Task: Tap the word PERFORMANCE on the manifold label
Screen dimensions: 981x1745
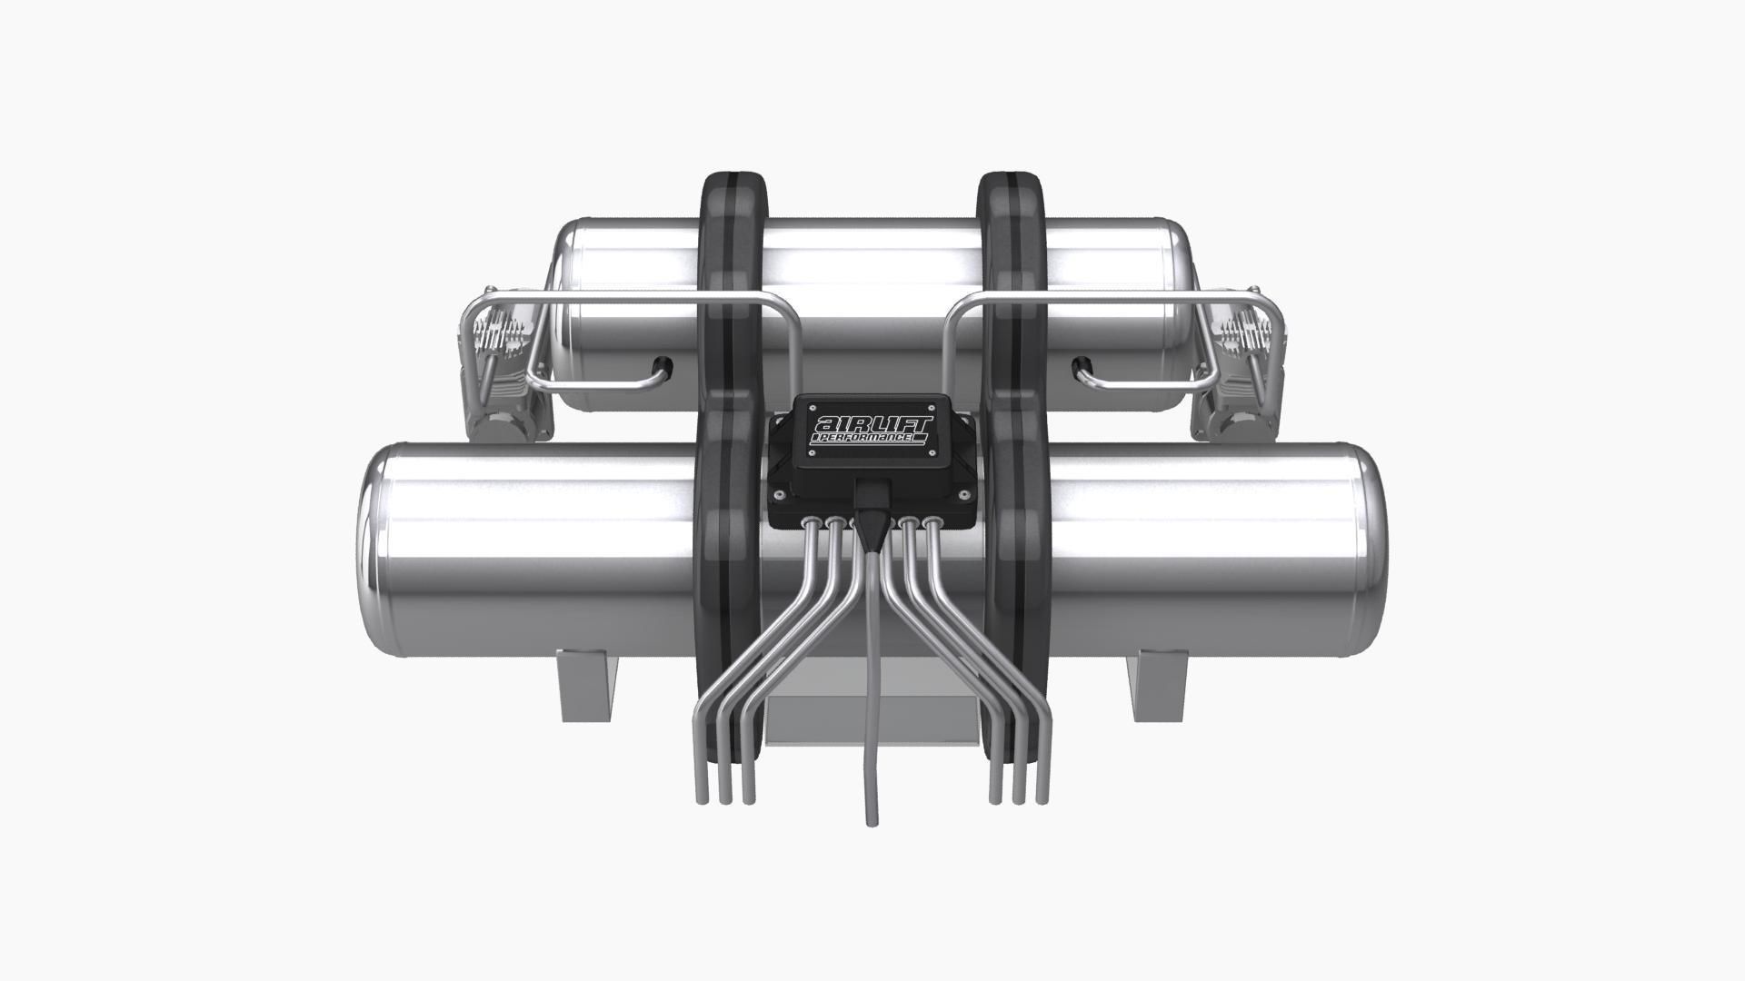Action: pos(868,439)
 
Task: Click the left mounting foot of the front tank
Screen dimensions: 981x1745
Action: pos(588,686)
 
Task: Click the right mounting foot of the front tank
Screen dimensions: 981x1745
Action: pos(1158,686)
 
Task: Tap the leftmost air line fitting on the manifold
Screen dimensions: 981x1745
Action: pos(810,523)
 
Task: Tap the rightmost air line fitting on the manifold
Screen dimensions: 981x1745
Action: pos(932,523)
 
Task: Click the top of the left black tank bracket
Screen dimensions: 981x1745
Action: pos(733,177)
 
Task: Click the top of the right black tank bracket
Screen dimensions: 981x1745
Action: pos(1012,177)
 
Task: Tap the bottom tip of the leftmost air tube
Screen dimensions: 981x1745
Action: pos(701,799)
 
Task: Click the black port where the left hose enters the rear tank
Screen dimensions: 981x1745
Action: pos(669,365)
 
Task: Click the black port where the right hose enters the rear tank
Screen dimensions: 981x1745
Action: pos(1078,365)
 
